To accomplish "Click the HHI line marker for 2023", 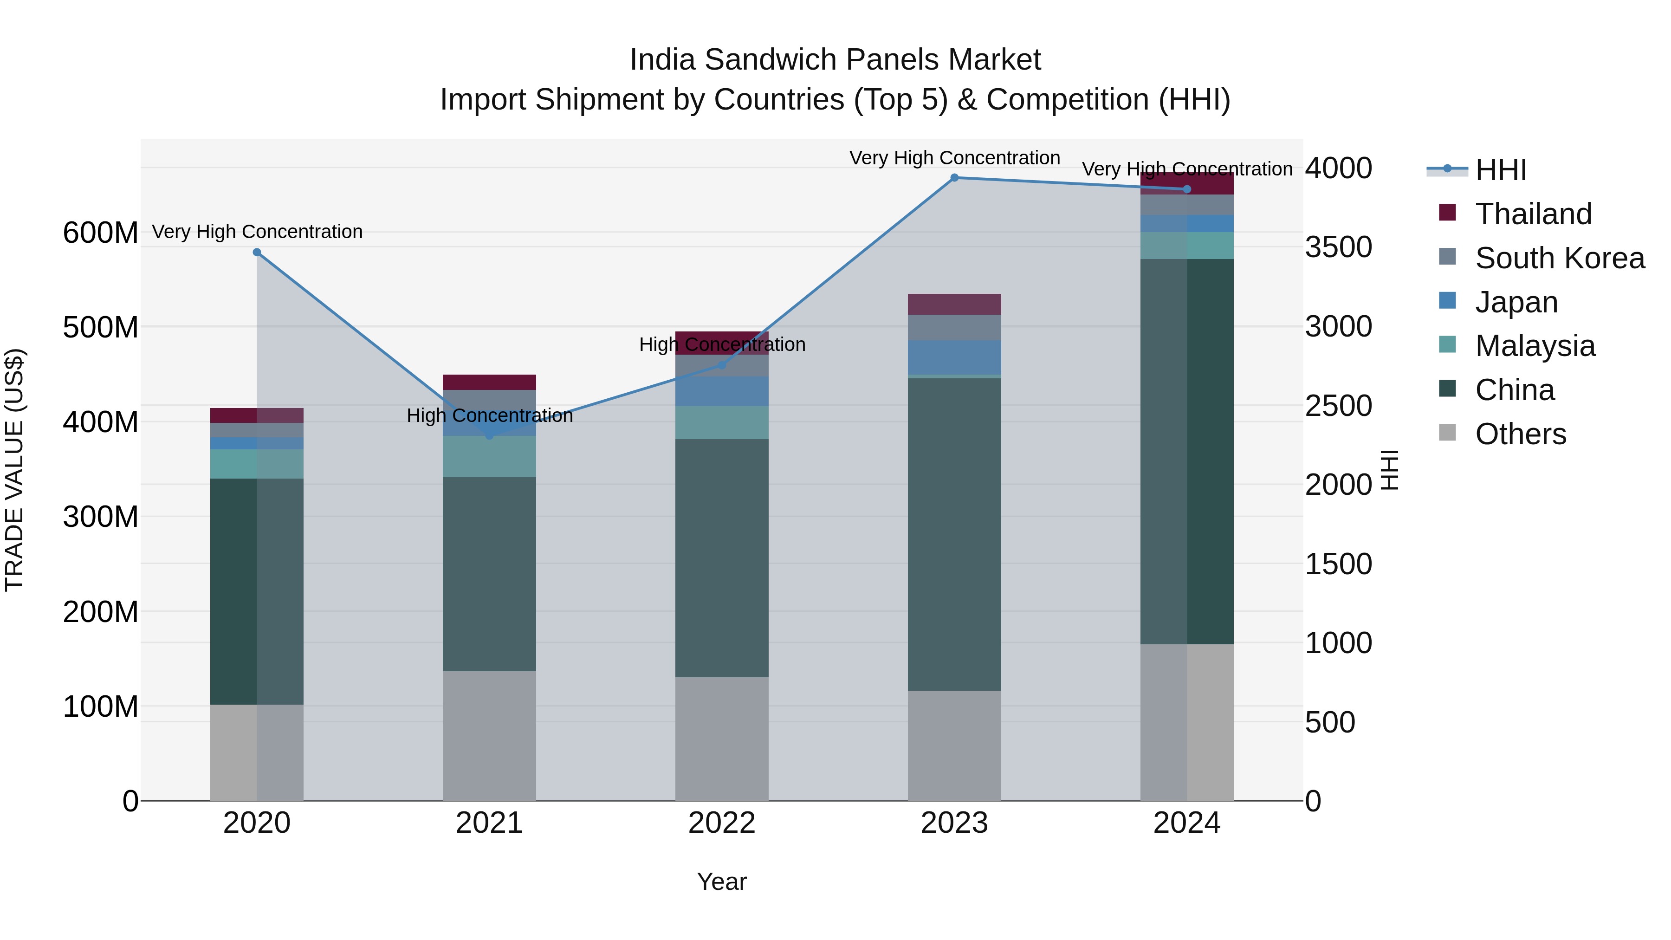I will [954, 178].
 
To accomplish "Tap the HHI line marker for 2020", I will [257, 253].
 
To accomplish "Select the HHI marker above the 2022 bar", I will [722, 365].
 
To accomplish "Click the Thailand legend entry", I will [1533, 214].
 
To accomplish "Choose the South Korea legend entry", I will [1560, 258].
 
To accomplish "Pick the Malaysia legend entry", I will [1535, 346].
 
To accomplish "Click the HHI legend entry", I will [1500, 170].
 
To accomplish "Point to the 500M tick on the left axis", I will [101, 327].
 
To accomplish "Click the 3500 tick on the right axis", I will [1338, 247].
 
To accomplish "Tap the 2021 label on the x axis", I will [489, 823].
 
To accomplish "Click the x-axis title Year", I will [721, 882].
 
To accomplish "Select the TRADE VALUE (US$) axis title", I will [15, 470].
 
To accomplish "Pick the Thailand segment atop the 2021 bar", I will [489, 382].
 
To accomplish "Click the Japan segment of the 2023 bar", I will [954, 357].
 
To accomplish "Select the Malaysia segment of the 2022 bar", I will [722, 422].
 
